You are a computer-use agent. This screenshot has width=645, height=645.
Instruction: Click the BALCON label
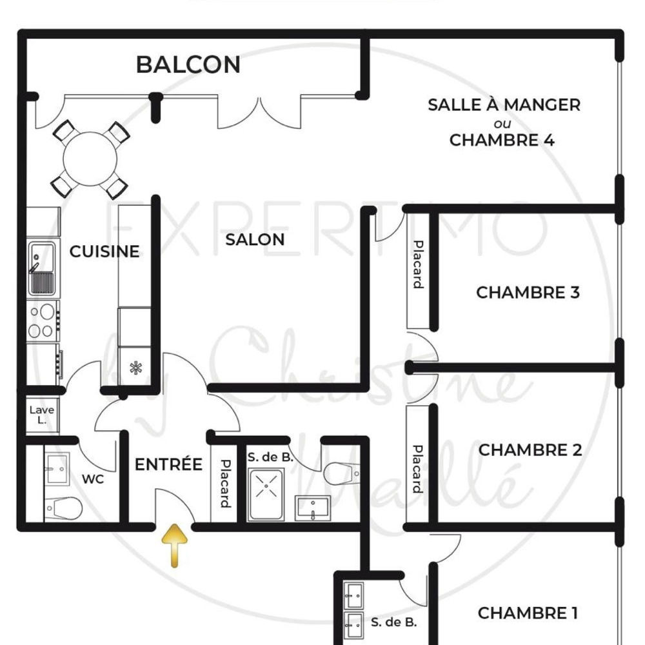(x=188, y=64)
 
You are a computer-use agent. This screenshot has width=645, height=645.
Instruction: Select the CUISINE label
(x=104, y=251)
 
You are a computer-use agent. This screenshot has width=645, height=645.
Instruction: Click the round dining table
(x=90, y=159)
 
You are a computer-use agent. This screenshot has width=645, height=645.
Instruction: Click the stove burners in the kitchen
(x=43, y=321)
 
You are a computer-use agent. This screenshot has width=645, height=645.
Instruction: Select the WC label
(x=93, y=480)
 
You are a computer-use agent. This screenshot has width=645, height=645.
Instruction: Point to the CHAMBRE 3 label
(x=528, y=293)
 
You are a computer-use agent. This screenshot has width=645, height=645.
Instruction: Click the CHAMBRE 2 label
(x=530, y=450)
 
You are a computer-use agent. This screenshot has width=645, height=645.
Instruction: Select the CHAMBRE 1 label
(x=527, y=613)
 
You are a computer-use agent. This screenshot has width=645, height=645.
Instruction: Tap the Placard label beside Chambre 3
(x=418, y=264)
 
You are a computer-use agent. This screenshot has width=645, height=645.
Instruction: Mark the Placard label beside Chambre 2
(x=418, y=468)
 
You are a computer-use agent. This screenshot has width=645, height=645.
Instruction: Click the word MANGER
(x=542, y=104)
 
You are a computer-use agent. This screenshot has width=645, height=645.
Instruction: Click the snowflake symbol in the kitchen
(x=135, y=368)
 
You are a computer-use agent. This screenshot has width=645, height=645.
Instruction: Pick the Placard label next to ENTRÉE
(x=225, y=483)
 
